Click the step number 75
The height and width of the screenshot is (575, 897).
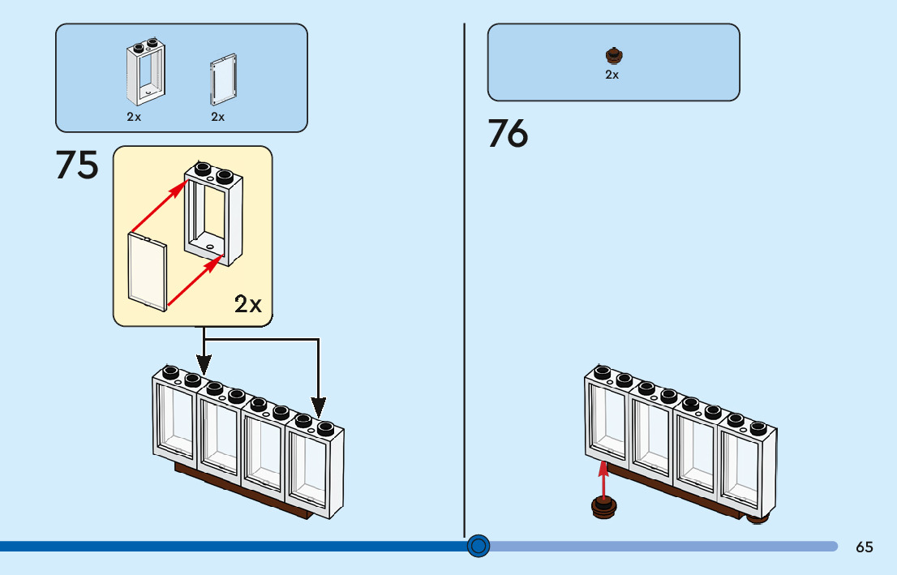tap(77, 165)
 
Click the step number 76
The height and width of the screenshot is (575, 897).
tap(508, 134)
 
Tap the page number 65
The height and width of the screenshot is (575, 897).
tap(864, 547)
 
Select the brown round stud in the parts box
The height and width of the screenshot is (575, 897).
tap(614, 56)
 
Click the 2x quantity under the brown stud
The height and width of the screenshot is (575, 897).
tap(612, 75)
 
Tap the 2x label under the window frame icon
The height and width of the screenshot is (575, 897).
tap(134, 117)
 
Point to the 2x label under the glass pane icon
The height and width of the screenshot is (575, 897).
tap(218, 117)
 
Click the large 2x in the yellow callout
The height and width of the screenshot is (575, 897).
tap(248, 305)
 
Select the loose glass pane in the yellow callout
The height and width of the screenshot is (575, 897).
tap(148, 272)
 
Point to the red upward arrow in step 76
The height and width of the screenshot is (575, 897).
tap(603, 478)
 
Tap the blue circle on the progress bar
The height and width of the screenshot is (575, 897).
tap(479, 546)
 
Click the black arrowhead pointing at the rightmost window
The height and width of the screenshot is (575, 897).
tap(319, 405)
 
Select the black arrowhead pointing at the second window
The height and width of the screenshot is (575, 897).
tap(203, 364)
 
